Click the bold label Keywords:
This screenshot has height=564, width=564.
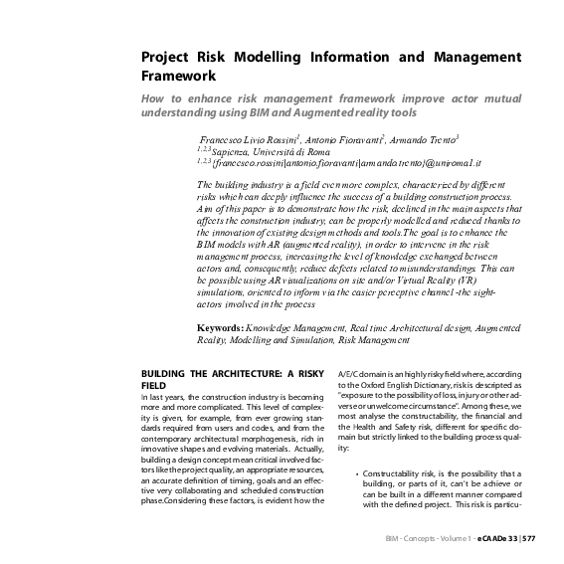point(224,327)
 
